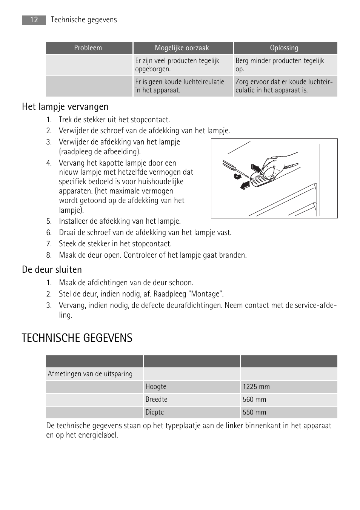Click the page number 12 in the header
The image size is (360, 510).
tap(34, 20)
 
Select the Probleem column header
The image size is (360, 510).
tap(88, 48)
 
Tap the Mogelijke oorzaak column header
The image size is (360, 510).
tap(182, 48)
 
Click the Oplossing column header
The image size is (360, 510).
tap(284, 48)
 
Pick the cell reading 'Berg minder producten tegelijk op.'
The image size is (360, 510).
tap(285, 65)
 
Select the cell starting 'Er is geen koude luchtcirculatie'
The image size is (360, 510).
tap(183, 86)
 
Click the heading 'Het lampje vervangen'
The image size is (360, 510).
tap(65, 107)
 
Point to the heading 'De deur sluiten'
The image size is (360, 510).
tap(52, 269)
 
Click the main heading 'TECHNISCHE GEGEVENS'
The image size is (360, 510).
tap(77, 338)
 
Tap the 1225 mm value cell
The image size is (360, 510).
tap(289, 387)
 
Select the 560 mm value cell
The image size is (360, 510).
tap(289, 399)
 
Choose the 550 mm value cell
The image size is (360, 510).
tap(289, 412)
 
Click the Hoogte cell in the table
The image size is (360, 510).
tap(192, 387)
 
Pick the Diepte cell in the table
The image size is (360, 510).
tap(192, 412)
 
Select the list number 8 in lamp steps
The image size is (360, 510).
tap(49, 255)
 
